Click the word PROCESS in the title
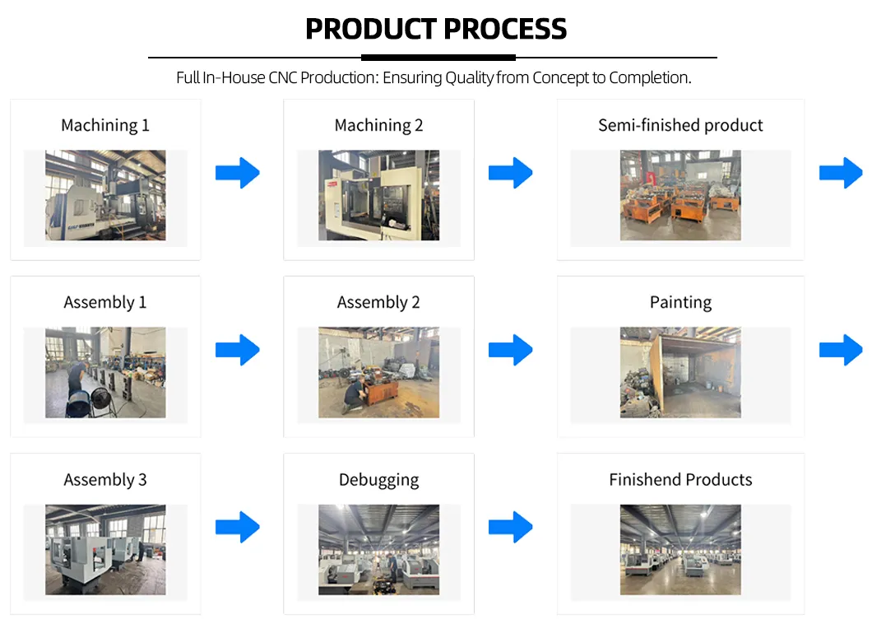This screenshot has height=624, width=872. pyautogui.click(x=503, y=29)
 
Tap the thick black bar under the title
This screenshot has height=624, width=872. pyautogui.click(x=438, y=58)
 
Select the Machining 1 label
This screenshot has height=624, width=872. pyautogui.click(x=105, y=125)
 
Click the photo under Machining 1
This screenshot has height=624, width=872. pyautogui.click(x=105, y=195)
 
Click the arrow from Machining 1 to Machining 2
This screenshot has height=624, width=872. pyautogui.click(x=238, y=173)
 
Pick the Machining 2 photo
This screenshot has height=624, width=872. pyautogui.click(x=378, y=195)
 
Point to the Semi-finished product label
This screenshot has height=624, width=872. pyautogui.click(x=680, y=125)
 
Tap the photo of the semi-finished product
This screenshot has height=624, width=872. pyautogui.click(x=680, y=195)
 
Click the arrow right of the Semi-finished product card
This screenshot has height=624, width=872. pyautogui.click(x=841, y=173)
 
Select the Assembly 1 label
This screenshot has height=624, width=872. pyautogui.click(x=105, y=302)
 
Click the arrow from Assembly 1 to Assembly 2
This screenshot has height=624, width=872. pyautogui.click(x=238, y=350)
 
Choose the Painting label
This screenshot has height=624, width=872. pyautogui.click(x=680, y=302)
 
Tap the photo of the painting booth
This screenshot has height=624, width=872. pyautogui.click(x=680, y=372)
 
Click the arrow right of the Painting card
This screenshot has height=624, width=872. pyautogui.click(x=841, y=350)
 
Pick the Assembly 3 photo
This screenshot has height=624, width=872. pyautogui.click(x=105, y=549)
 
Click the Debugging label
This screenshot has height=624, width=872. pyautogui.click(x=378, y=479)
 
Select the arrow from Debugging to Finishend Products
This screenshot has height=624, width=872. pyautogui.click(x=511, y=527)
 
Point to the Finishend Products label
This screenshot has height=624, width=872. pyautogui.click(x=680, y=479)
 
